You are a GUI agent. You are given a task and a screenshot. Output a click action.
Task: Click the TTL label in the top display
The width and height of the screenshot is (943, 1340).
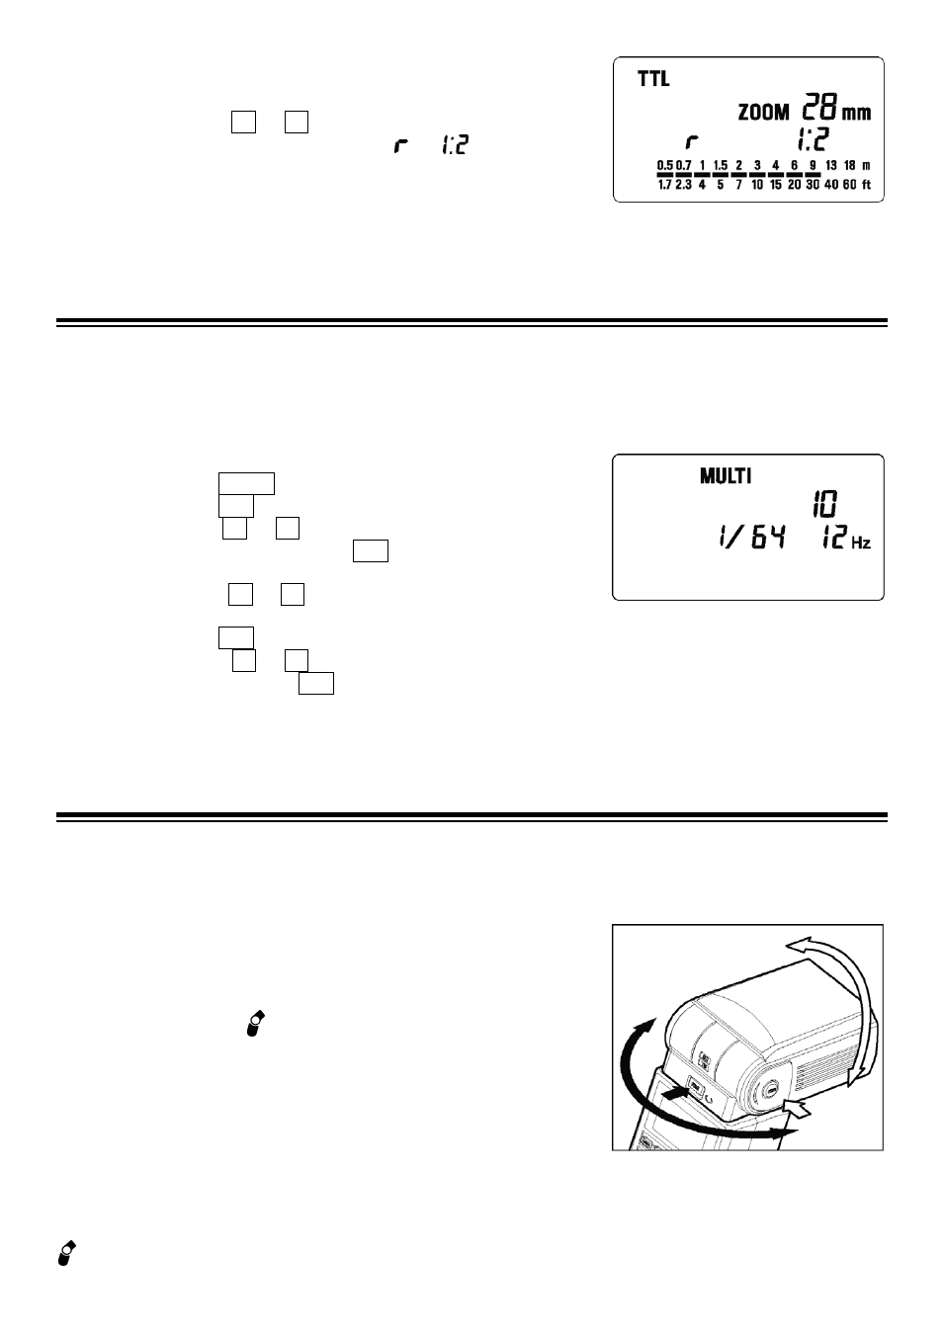(653, 79)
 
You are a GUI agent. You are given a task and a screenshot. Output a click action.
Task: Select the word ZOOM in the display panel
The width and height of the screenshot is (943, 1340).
(763, 113)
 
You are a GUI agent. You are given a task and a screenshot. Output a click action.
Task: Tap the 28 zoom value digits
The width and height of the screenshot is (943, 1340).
(819, 107)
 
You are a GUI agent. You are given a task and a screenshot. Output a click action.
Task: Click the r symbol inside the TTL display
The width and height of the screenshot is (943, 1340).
(692, 142)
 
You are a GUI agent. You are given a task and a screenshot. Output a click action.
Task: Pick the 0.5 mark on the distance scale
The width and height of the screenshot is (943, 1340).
(665, 165)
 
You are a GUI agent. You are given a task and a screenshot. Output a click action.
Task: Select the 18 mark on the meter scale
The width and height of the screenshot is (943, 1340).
(850, 165)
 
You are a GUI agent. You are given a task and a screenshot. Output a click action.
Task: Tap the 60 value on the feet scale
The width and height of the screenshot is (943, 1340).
(850, 185)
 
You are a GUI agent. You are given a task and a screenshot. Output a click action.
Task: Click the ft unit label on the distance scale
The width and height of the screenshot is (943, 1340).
(866, 185)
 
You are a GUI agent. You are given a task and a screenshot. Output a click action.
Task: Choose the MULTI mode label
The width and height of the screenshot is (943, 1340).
(726, 476)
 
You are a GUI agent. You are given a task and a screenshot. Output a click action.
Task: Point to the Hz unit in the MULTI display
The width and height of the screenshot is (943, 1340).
(861, 544)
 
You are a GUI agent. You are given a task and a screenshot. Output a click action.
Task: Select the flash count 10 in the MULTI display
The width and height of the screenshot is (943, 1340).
(824, 504)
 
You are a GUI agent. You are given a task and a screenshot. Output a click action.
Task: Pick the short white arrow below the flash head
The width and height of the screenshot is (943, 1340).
(799, 1108)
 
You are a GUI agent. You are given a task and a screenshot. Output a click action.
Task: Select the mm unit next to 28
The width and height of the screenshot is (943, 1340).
(856, 114)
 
